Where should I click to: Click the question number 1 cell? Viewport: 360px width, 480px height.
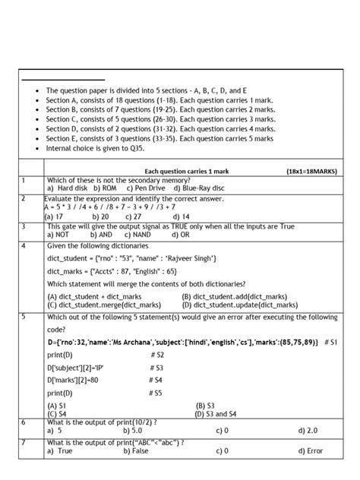24,180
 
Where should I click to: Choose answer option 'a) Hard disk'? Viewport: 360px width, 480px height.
68,188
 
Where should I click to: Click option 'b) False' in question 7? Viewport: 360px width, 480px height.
137,450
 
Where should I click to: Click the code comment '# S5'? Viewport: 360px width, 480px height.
155,393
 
